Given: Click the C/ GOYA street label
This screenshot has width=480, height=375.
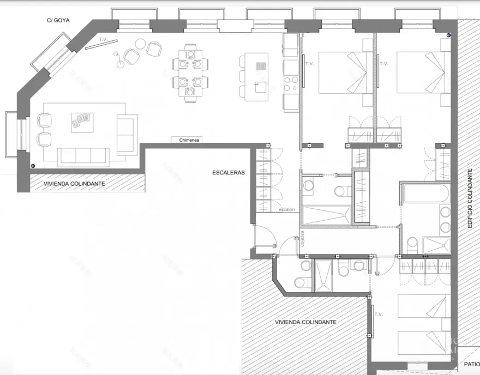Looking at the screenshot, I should tap(57, 21).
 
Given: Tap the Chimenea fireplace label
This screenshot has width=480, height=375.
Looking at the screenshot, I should tap(190, 140).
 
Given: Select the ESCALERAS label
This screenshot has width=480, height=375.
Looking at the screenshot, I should tap(229, 172).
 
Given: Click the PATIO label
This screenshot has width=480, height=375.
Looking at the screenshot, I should tap(471, 365).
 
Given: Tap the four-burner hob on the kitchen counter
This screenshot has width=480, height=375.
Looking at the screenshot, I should tap(291, 83).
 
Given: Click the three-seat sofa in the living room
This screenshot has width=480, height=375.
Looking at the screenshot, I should tap(83, 156).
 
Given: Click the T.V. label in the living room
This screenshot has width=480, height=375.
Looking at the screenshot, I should tap(102, 40).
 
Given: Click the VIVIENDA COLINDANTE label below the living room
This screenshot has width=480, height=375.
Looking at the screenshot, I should tap(74, 184).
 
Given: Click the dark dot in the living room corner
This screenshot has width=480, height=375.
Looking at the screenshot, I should tap(33, 166).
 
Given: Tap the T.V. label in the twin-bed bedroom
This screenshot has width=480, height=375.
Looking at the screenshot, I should tap(378, 314).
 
